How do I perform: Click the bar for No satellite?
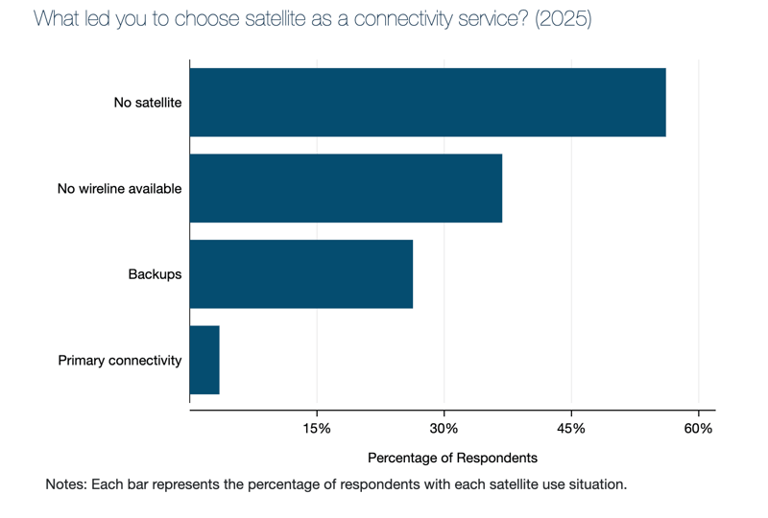(x=427, y=103)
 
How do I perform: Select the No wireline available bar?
(x=346, y=189)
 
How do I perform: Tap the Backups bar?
(x=301, y=274)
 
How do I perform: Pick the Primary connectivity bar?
(x=204, y=360)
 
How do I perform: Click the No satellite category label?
(x=148, y=103)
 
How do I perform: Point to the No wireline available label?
(x=119, y=189)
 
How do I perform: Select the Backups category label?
(x=155, y=274)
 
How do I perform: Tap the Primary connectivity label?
(x=120, y=361)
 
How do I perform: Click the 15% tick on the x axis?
(x=317, y=428)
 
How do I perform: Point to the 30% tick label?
(x=444, y=428)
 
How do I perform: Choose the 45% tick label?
(x=571, y=428)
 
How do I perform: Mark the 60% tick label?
(x=698, y=428)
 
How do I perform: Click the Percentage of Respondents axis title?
(x=452, y=458)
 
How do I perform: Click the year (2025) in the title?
(x=564, y=19)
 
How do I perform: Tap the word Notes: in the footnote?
(x=66, y=484)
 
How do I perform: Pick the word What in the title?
(x=54, y=19)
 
